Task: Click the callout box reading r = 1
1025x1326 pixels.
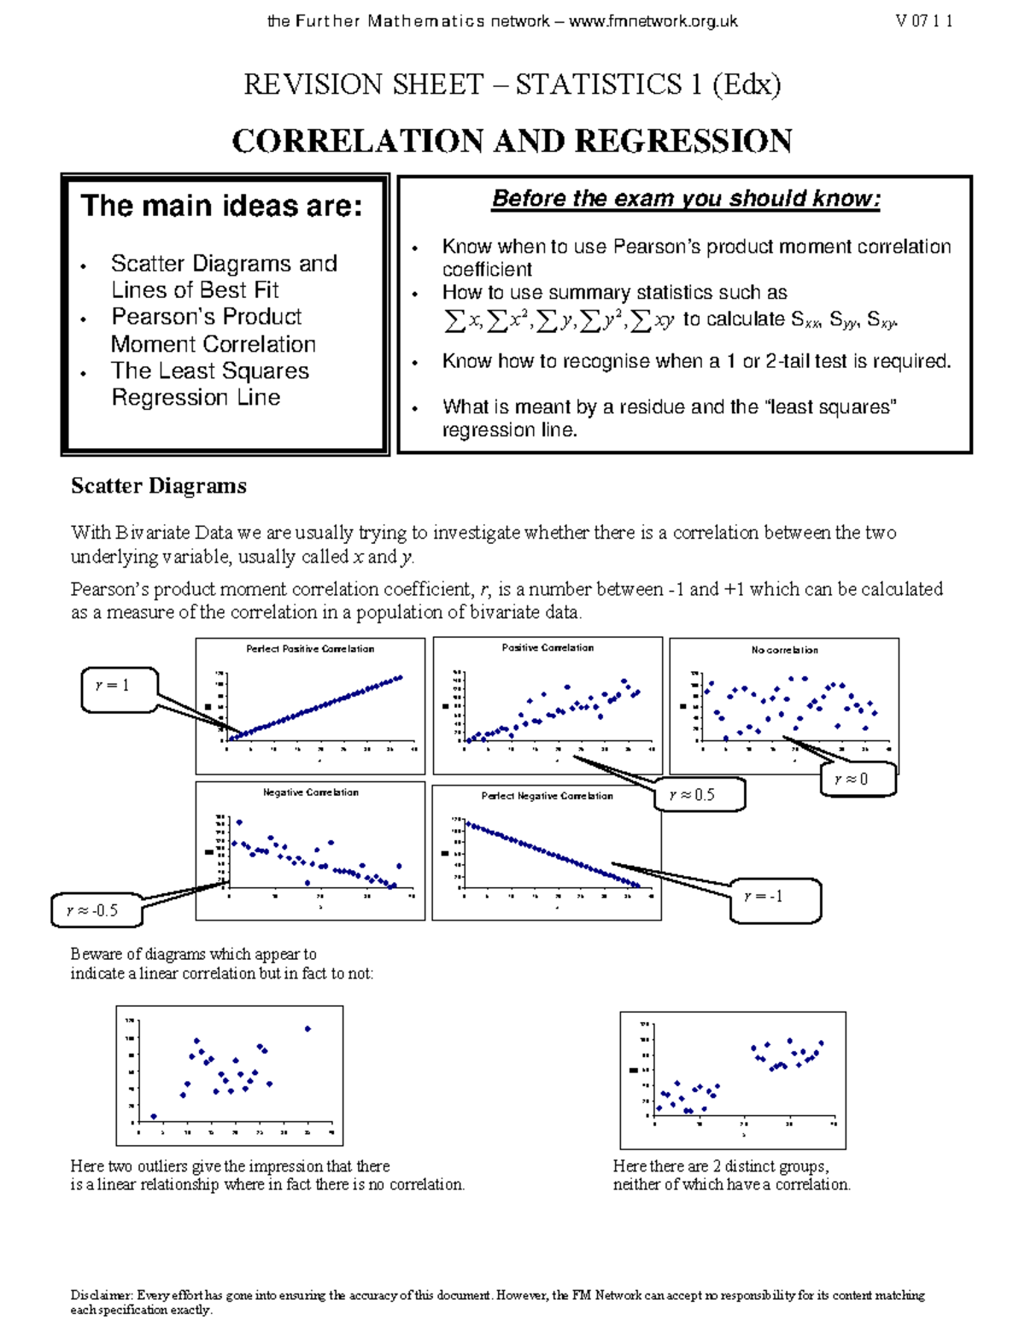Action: [118, 689]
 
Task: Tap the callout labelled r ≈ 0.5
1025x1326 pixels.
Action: [700, 795]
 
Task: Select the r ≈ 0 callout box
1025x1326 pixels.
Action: [858, 779]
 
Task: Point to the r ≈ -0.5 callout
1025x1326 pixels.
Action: [97, 910]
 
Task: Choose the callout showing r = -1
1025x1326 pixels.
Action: [774, 898]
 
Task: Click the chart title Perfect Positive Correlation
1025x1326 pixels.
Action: [310, 649]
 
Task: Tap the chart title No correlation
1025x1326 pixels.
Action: [784, 651]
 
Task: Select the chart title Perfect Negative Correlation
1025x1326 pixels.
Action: [547, 796]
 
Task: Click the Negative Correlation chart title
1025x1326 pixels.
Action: [310, 792]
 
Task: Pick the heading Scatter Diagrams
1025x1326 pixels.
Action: [158, 486]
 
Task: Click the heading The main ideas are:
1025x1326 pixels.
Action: [221, 206]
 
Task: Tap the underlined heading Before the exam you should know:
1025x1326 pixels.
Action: [685, 199]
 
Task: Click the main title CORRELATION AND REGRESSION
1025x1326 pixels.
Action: [512, 141]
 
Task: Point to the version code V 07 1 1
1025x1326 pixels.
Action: [923, 22]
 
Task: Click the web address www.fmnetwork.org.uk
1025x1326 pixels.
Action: [653, 22]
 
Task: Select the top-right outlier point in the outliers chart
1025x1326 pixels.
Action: [307, 1029]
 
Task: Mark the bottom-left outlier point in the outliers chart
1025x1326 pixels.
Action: [154, 1116]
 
